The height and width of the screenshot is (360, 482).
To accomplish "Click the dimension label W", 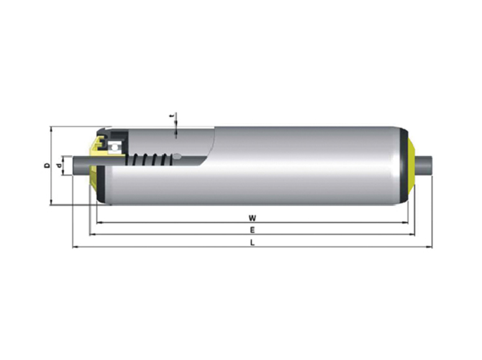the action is (252, 218).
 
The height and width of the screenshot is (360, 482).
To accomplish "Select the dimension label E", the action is (252, 230).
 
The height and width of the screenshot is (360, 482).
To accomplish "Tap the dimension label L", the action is (252, 242).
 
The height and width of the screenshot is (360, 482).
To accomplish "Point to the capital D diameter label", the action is (47, 165).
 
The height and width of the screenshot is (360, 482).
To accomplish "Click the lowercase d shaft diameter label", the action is (59, 166).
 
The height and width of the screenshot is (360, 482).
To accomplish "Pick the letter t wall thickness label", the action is (173, 116).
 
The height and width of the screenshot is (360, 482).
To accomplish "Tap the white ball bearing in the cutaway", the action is (114, 148).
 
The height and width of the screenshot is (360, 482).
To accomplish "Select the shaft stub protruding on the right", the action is (424, 166).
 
